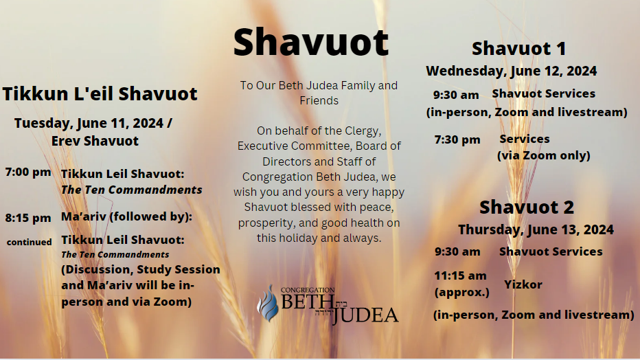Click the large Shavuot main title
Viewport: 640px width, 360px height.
(311, 43)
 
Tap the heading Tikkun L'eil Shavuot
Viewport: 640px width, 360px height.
(100, 93)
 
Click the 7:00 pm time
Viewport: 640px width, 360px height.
(28, 172)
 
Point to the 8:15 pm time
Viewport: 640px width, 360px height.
(28, 218)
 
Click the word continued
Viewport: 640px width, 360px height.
(30, 242)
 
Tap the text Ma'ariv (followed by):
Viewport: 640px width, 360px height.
(127, 217)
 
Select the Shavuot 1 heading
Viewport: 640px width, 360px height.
(518, 49)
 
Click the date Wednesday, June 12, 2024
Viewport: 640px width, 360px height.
(511, 71)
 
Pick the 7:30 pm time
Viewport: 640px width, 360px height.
(457, 139)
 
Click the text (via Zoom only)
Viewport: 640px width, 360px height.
(543, 155)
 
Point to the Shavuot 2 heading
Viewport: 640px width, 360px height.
(527, 207)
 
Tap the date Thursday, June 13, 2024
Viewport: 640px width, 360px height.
(536, 229)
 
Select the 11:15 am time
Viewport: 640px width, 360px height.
(460, 275)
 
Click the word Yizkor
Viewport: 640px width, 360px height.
(523, 284)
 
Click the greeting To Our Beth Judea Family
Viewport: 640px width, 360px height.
(319, 86)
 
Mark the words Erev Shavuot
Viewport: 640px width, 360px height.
(95, 141)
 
